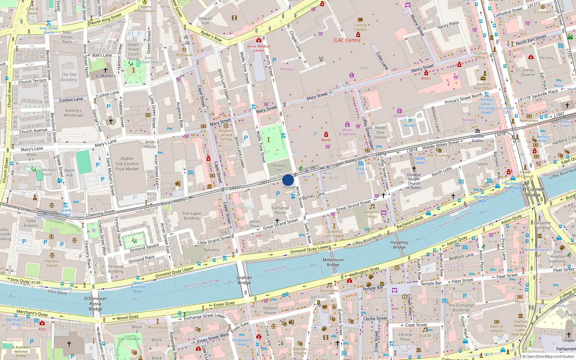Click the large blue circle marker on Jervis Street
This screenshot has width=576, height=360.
(x=288, y=180)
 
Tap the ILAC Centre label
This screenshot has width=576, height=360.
(x=347, y=40)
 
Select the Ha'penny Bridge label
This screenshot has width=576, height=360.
(x=399, y=245)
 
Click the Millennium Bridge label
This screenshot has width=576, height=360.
(x=333, y=262)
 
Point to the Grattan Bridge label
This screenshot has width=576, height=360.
(x=244, y=280)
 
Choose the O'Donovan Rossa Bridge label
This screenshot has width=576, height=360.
(x=95, y=303)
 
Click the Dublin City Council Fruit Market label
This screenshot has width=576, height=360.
(x=127, y=164)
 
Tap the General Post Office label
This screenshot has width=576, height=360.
(x=483, y=86)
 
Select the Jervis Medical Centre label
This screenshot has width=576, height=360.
(x=258, y=48)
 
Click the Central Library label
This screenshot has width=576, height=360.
(x=360, y=27)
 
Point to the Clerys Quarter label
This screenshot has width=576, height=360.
(x=528, y=72)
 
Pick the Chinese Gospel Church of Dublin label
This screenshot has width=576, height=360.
(x=414, y=181)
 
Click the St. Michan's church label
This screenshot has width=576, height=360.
(x=105, y=76)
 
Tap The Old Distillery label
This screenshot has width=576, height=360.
(x=69, y=77)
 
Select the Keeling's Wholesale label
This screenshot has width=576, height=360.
(x=73, y=113)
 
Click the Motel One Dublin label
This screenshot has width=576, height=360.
(x=380, y=132)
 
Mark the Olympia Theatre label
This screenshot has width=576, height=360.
(x=300, y=351)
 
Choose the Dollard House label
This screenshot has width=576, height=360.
(x=270, y=310)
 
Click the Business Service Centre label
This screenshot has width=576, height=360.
(x=226, y=135)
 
